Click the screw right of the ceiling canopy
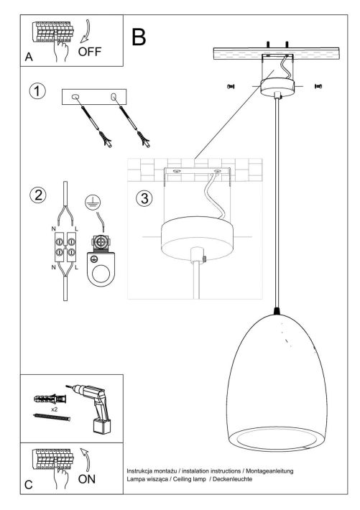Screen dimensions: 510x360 click(x=318, y=86)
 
